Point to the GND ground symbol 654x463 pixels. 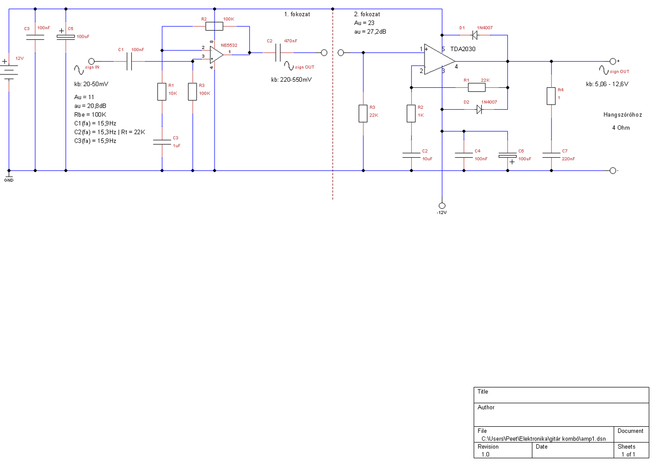coord(9,176)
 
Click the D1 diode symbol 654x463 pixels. coord(474,35)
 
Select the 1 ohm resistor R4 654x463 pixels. coord(551,96)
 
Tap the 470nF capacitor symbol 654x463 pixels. coord(279,52)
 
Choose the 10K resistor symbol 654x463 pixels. coord(162,92)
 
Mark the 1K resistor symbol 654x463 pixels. coord(411,113)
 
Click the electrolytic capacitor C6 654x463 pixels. coord(508,154)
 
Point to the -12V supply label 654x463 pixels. coord(441,212)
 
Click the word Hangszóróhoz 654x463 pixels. coord(622,115)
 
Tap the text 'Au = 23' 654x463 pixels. coord(364,23)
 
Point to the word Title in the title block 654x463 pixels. coord(483,392)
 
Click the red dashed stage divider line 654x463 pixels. coord(333,128)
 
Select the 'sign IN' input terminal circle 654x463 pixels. coord(91,61)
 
